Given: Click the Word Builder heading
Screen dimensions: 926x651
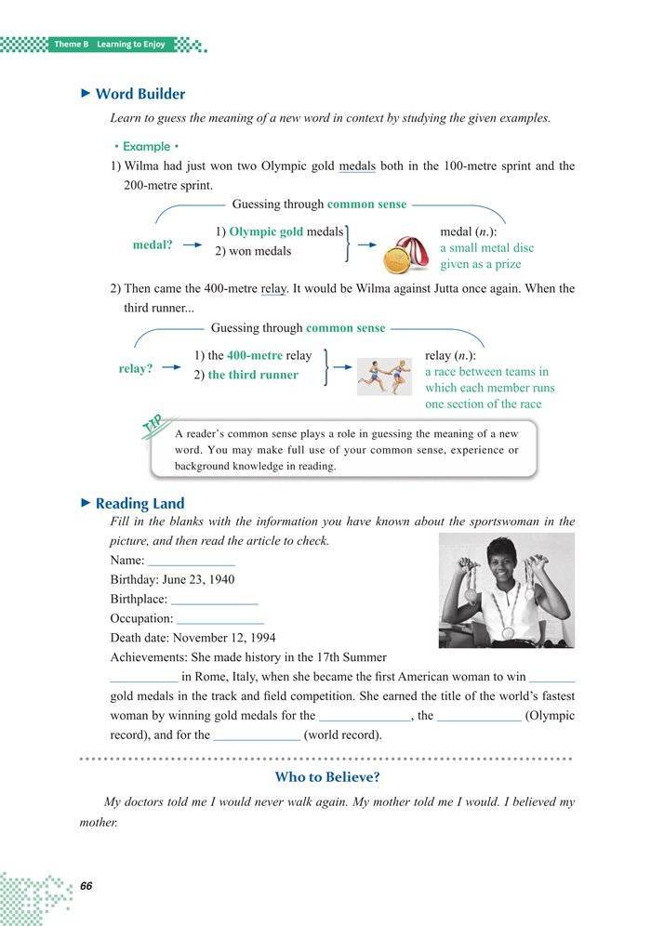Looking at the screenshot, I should [x=139, y=94].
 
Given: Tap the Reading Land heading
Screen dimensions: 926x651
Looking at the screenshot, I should [x=139, y=503].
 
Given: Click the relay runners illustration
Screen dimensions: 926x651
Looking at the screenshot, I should [x=384, y=376].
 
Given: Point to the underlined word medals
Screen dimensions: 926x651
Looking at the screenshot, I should [x=357, y=166].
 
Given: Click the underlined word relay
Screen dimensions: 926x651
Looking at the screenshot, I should [x=273, y=289].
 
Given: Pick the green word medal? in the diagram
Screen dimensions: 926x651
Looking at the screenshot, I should [x=153, y=245].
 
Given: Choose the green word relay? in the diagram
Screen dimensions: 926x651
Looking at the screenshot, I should [x=136, y=368].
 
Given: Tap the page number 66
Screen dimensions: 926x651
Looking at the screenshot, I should [x=87, y=884].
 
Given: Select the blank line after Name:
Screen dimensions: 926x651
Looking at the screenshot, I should [x=191, y=561].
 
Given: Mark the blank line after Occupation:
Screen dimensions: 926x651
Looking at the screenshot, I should [x=219, y=618].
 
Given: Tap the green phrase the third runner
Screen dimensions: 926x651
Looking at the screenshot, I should [x=253, y=375].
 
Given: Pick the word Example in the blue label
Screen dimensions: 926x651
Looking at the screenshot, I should [x=146, y=146].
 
